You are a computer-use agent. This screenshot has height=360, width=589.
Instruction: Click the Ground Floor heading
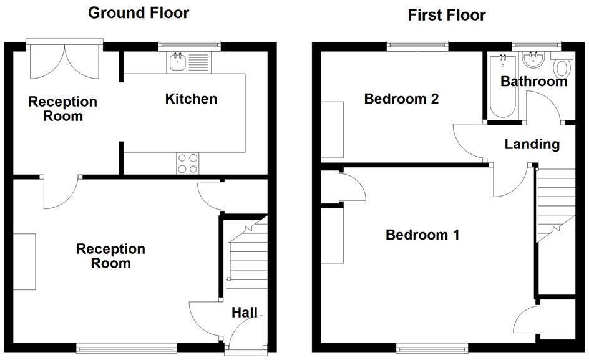138,12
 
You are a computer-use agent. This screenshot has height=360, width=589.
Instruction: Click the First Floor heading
446,15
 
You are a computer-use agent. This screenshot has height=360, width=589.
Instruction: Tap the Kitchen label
191,99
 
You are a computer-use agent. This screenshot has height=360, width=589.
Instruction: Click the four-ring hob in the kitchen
188,163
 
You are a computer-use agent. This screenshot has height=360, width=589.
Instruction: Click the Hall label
245,313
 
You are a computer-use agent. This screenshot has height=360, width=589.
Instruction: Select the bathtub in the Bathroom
502,86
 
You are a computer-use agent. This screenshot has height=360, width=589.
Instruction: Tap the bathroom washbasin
533,61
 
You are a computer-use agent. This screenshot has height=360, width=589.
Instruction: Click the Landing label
532,144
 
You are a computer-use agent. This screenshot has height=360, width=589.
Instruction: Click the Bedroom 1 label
422,235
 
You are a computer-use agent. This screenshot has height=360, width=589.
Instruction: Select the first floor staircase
555,206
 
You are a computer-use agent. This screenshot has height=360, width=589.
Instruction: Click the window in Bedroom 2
417,44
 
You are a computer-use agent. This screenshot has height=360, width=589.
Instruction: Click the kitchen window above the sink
189,44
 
